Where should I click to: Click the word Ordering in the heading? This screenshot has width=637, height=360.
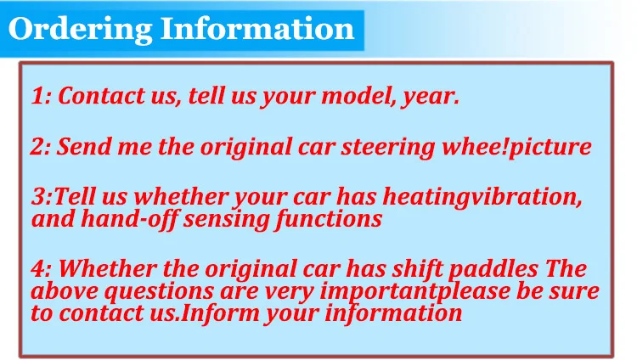[80, 30]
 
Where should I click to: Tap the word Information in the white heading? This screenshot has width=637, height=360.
[257, 28]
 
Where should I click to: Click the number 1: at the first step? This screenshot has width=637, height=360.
[41, 96]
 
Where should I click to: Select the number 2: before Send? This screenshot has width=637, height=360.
[40, 147]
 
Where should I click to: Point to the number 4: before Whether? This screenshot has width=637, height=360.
[41, 269]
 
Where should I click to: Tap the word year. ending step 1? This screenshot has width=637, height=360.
[431, 98]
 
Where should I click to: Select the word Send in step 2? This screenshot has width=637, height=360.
[84, 147]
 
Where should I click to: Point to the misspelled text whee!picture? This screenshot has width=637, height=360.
[516, 147]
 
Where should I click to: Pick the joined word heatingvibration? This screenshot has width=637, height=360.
[482, 198]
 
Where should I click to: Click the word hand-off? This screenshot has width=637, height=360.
[128, 219]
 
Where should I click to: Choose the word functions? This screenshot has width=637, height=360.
[328, 219]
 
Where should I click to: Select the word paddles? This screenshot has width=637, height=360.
[493, 270]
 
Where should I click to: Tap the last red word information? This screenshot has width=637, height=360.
[393, 313]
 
